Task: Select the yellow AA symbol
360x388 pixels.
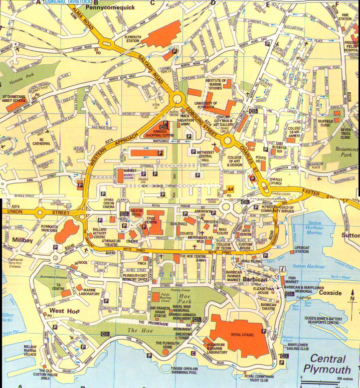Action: (x=229, y=190)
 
